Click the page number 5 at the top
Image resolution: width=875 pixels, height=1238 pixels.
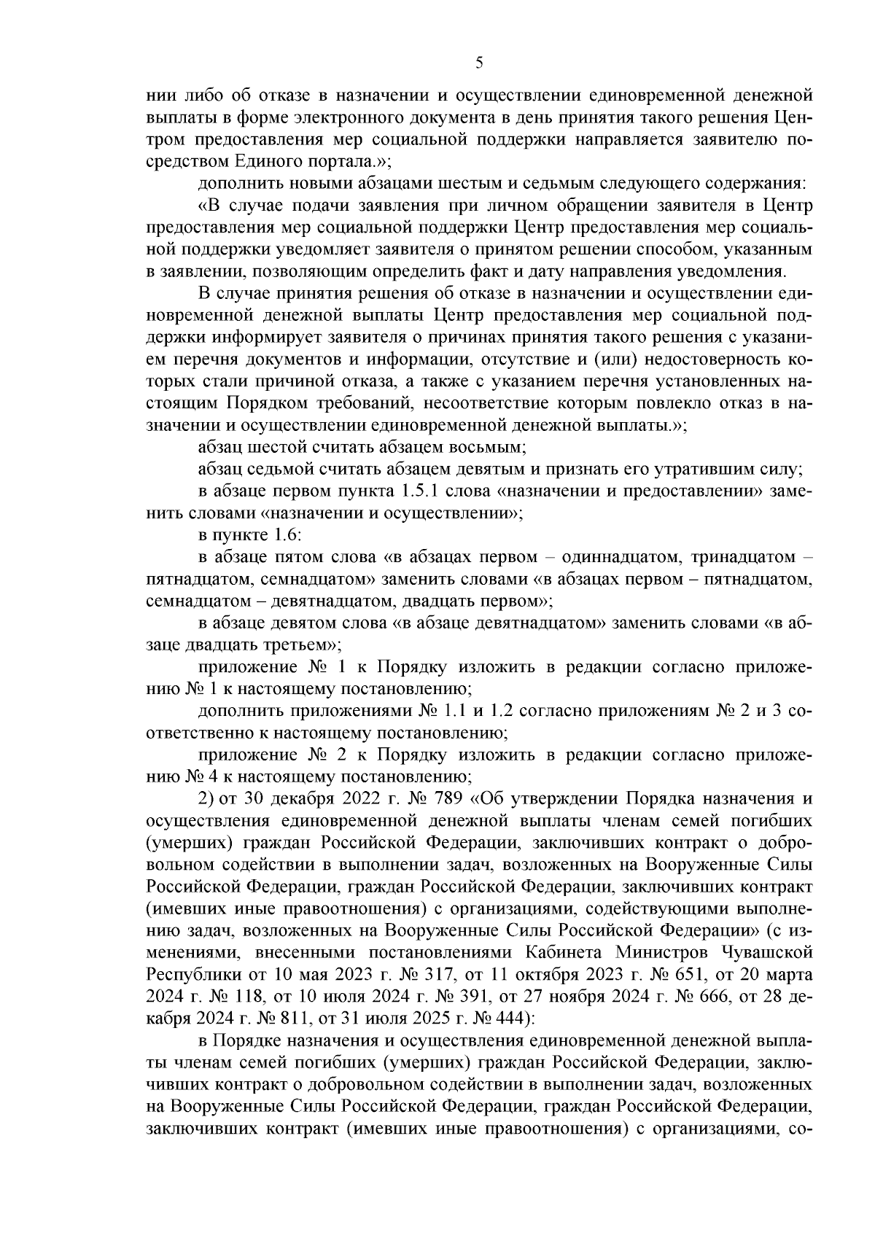tap(479, 63)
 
